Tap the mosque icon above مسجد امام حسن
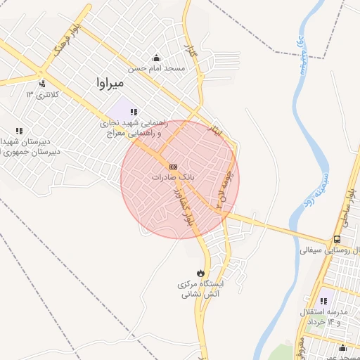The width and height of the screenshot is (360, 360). tap(155, 58)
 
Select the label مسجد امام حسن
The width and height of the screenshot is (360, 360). tap(156, 69)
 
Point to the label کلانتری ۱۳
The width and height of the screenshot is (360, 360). tap(39, 94)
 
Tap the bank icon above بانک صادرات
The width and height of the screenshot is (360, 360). tap(173, 166)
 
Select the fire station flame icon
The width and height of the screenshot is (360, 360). tap(202, 273)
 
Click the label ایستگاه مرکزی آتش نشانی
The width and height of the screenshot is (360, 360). tap(202, 290)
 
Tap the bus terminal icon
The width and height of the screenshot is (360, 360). tap(337, 239)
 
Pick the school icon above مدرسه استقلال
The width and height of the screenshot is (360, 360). tap(323, 301)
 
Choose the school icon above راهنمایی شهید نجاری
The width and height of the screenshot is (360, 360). tap(133, 111)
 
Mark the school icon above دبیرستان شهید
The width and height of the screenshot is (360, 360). tap(19, 130)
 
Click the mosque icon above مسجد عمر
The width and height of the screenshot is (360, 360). tap(342, 347)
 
